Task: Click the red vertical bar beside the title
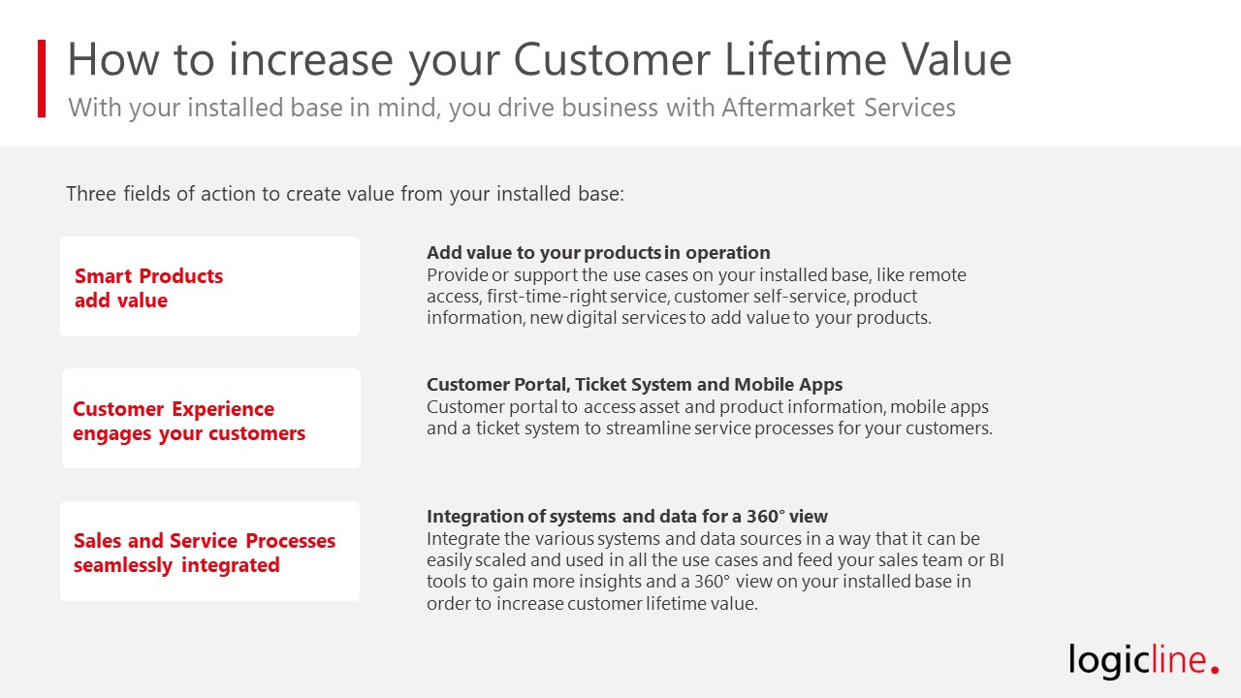(42, 79)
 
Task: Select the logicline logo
(1143, 660)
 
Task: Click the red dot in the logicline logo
(1215, 670)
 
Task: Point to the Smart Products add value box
(210, 286)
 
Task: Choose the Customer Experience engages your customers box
(211, 418)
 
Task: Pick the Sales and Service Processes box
(210, 552)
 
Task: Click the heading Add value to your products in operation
(598, 253)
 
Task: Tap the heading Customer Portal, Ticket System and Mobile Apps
(634, 385)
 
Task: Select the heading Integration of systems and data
(627, 517)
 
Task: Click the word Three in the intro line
(91, 194)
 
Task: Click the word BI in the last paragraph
(997, 560)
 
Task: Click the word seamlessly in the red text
(123, 565)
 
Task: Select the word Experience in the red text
(223, 409)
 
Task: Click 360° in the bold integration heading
(766, 517)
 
